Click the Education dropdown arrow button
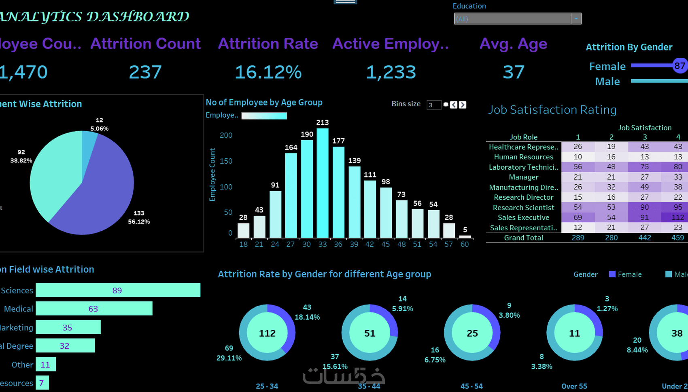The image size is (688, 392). click(x=576, y=19)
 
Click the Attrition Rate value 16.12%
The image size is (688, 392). click(x=268, y=72)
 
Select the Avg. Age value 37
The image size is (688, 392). click(x=514, y=72)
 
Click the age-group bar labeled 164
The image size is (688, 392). click(x=291, y=195)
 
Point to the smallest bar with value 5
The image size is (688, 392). click(x=465, y=236)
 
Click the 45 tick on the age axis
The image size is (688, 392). click(x=386, y=244)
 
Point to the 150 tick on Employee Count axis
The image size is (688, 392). click(x=226, y=161)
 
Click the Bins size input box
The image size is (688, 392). click(x=433, y=105)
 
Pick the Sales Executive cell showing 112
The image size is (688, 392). click(x=677, y=217)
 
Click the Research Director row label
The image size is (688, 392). click(x=523, y=197)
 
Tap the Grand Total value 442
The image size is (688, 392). click(x=645, y=238)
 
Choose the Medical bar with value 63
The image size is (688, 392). click(x=94, y=309)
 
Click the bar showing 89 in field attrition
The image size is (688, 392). click(x=118, y=290)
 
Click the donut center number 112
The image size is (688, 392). click(x=267, y=333)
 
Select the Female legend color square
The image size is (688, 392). click(x=612, y=274)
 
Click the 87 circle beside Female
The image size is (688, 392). click(x=680, y=66)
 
